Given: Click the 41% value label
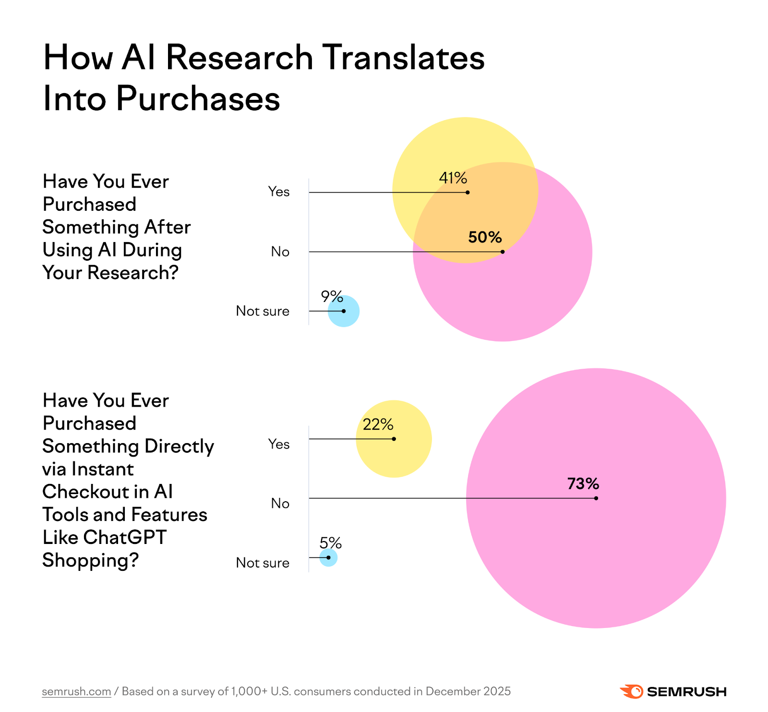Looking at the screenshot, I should point(453,178).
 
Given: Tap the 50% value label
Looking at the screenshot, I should point(485,237).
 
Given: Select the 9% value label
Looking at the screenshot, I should point(332,297).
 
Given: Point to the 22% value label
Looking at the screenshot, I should point(378,424).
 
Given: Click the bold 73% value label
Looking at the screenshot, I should point(583,483).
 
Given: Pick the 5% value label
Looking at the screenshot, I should point(330,543).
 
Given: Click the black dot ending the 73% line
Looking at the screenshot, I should point(596,498).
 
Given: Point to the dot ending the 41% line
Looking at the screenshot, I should point(468,193).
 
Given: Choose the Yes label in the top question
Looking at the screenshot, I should point(278,192).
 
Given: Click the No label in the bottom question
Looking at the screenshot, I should point(280,503).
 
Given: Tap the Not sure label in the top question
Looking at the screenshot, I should point(262,311).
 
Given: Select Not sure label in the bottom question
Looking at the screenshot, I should point(262,563).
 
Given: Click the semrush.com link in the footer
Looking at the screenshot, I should point(76,691).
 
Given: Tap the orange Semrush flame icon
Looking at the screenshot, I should point(631,691).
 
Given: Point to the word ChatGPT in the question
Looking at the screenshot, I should point(125,537).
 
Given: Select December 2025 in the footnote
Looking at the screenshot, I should point(468,691).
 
